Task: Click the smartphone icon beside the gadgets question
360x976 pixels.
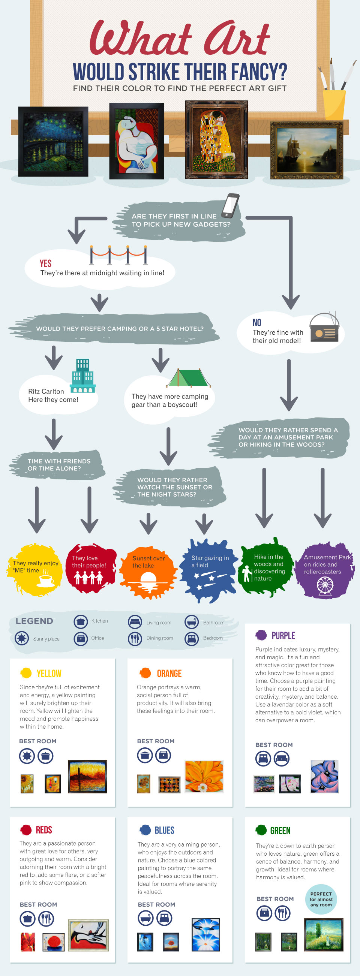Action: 231,206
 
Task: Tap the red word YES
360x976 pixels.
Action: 45,263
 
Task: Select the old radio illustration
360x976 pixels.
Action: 324,327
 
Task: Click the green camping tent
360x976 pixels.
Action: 188,377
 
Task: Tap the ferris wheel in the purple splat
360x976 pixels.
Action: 325,585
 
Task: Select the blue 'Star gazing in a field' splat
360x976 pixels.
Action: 210,570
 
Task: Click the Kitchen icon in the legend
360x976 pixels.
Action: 80,621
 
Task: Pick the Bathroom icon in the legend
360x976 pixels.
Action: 192,622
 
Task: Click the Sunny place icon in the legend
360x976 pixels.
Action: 22,638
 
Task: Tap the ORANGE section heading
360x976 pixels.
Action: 169,673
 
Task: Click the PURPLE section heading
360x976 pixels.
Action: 283,635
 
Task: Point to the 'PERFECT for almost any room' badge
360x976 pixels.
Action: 321,899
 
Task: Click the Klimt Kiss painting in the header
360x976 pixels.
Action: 216,139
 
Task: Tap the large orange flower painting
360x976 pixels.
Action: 204,776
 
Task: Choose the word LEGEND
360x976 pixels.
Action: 34,621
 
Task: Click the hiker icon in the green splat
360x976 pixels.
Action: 247,573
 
